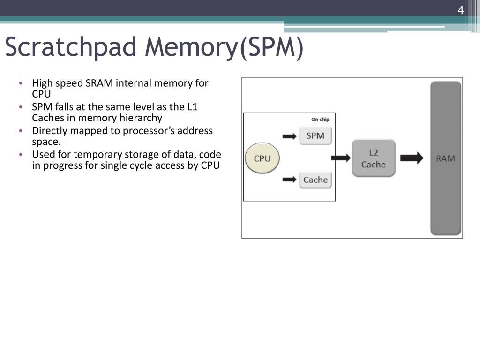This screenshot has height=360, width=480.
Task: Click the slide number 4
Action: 460,10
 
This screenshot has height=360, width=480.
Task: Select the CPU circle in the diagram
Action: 262,158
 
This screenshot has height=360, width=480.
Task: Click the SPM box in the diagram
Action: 315,136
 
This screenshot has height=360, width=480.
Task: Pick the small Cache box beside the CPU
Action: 315,180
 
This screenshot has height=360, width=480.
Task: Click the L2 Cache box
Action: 374,158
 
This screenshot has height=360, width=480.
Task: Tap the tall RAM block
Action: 446,158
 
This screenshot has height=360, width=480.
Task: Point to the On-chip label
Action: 320,120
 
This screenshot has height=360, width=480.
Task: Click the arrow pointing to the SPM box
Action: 290,136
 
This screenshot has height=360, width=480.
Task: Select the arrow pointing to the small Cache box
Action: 290,180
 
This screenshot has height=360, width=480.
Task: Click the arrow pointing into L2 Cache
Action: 341,158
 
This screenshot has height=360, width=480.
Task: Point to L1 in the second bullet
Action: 192,107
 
